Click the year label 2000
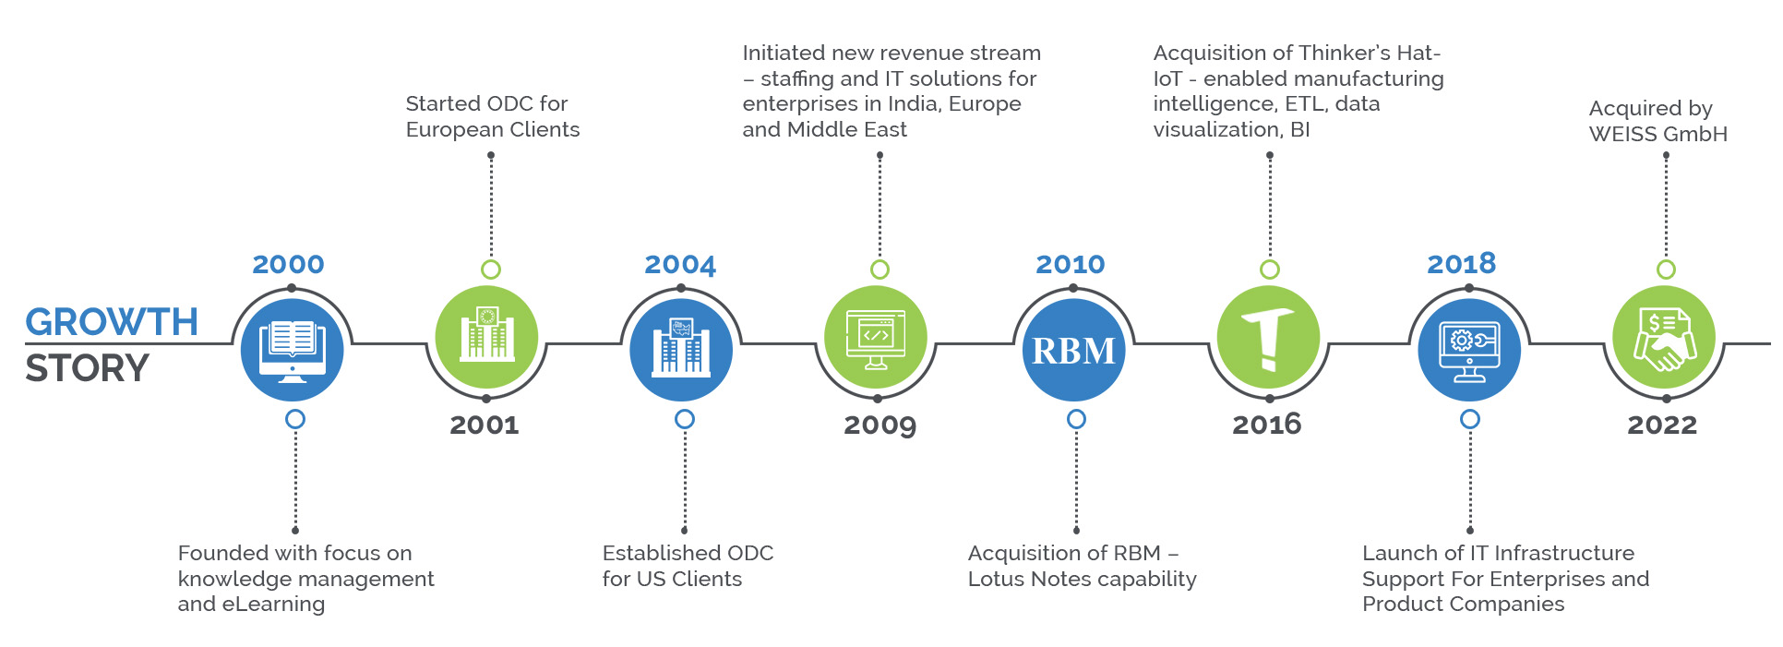(x=288, y=264)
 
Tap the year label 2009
(x=880, y=425)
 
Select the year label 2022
(x=1661, y=425)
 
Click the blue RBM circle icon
(x=1073, y=351)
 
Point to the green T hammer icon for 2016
(x=1268, y=338)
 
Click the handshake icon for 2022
(x=1663, y=338)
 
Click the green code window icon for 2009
(x=876, y=338)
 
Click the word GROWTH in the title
(x=112, y=322)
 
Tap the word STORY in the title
(x=87, y=368)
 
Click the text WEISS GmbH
(x=1657, y=134)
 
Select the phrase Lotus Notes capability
(x=1082, y=579)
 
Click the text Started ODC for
(x=486, y=103)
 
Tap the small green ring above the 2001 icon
(x=491, y=270)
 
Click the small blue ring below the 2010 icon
(x=1076, y=419)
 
